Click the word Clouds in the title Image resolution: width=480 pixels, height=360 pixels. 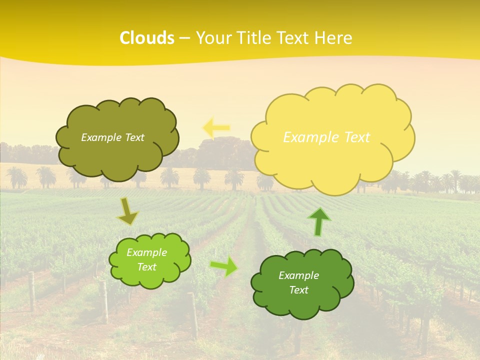[x=146, y=38]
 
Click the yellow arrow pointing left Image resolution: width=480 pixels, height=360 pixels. [x=216, y=128]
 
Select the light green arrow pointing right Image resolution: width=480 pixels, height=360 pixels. [x=224, y=266]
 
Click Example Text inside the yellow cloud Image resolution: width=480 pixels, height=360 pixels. [x=326, y=137]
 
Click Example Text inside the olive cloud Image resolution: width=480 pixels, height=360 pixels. [x=112, y=137]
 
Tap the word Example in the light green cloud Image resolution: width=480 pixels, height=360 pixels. [x=146, y=252]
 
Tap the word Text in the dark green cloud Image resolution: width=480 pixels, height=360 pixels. [x=298, y=290]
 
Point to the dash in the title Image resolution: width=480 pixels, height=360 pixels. [x=184, y=38]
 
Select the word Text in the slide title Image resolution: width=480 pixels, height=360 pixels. [x=292, y=38]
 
